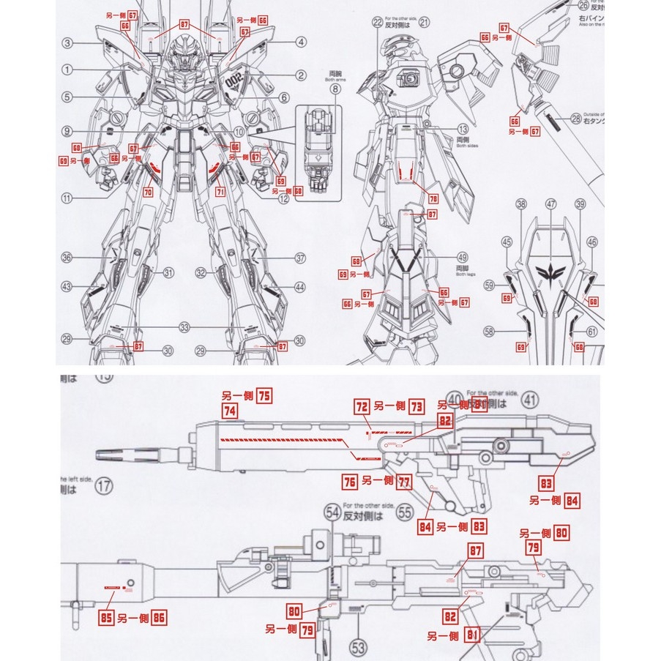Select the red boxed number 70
(x=147, y=194)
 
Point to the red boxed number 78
(x=433, y=198)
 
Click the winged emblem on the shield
(x=550, y=275)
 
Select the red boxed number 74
(x=230, y=412)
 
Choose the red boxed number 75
(x=264, y=396)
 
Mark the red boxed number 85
(x=105, y=619)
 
